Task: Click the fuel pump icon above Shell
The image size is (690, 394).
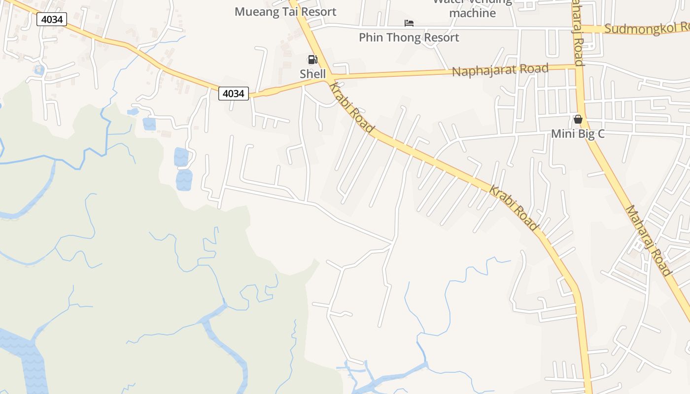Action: tap(312, 60)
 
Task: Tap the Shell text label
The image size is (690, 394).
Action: tap(313, 74)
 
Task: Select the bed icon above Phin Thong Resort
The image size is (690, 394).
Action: tap(409, 23)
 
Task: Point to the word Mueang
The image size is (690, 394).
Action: tap(256, 12)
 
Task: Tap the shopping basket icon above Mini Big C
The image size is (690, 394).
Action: tap(578, 119)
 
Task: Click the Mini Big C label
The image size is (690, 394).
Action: tap(578, 133)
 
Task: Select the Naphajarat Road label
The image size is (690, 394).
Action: tap(500, 70)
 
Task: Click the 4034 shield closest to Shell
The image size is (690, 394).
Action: tap(234, 93)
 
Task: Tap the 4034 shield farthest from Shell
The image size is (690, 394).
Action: tap(51, 19)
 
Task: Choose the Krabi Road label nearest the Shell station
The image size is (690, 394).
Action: tap(351, 108)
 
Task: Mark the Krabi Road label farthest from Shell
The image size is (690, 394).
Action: tap(513, 207)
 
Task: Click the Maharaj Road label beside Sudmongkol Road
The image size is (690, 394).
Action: tap(578, 32)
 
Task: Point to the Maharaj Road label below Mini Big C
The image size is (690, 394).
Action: tap(648, 240)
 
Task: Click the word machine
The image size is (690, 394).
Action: tap(472, 13)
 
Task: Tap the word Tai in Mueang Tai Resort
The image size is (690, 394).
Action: tap(291, 12)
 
